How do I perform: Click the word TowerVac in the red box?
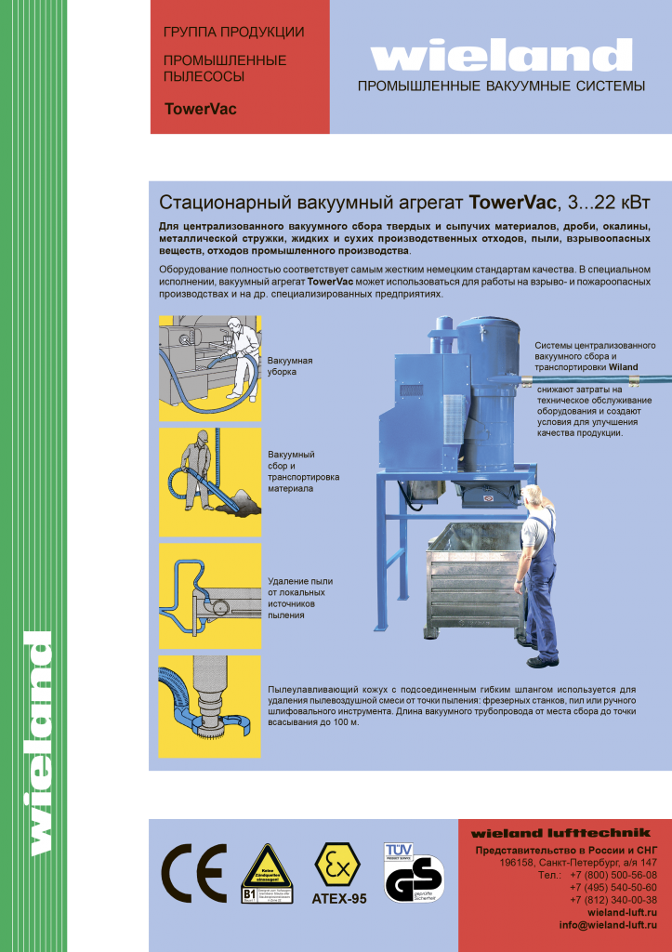pyautogui.click(x=200, y=109)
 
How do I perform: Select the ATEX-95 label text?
pyautogui.click(x=338, y=899)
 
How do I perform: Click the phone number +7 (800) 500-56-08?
pyautogui.click(x=613, y=875)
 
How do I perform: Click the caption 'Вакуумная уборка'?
pyautogui.click(x=290, y=365)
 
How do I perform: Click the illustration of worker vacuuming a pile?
pyautogui.click(x=210, y=481)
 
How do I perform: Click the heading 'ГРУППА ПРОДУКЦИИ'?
pyautogui.click(x=233, y=33)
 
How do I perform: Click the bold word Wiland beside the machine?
pyautogui.click(x=624, y=367)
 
